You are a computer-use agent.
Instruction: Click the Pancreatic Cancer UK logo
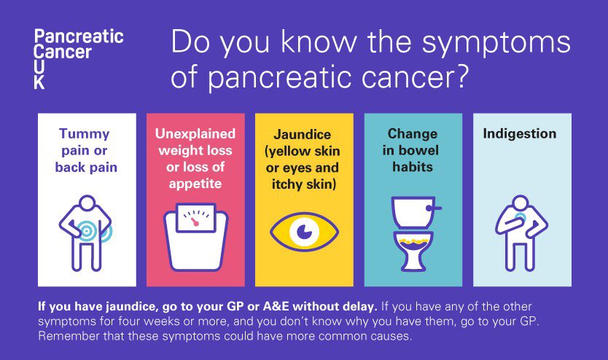click(x=78, y=58)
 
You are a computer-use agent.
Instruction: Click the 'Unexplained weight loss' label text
click(x=195, y=143)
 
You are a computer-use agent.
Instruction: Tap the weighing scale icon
click(x=195, y=232)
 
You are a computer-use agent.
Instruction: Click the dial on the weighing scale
click(x=195, y=219)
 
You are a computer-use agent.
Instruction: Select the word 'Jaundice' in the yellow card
click(x=303, y=135)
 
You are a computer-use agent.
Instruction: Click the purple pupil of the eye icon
click(x=303, y=232)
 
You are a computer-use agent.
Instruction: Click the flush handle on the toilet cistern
click(x=436, y=208)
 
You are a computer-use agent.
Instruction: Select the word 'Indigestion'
click(x=520, y=134)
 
